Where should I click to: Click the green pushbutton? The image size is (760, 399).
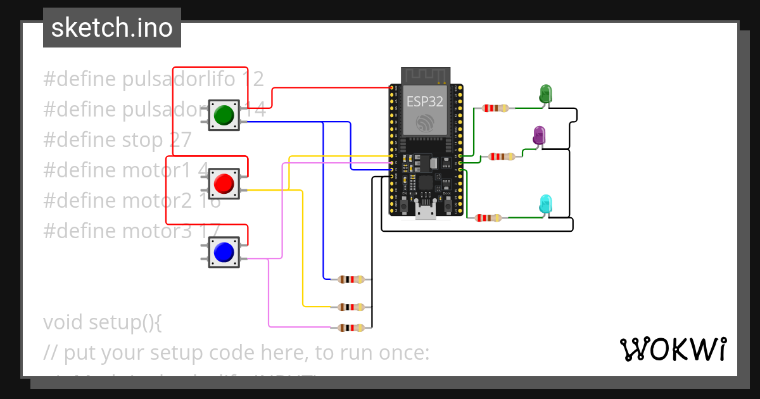pyautogui.click(x=224, y=115)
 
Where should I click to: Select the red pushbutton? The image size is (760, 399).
pyautogui.click(x=224, y=184)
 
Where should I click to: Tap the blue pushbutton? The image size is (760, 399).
pyautogui.click(x=224, y=252)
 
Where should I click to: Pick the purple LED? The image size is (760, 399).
pyautogui.click(x=539, y=134)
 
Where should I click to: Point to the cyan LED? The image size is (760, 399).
pyautogui.click(x=545, y=204)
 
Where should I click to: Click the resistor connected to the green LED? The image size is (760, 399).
pyautogui.click(x=495, y=108)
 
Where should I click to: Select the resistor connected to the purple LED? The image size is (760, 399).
pyautogui.click(x=502, y=156)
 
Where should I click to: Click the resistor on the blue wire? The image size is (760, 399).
pyautogui.click(x=351, y=279)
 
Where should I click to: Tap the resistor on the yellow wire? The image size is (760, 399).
pyautogui.click(x=351, y=307)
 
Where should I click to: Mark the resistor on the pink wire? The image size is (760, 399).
pyautogui.click(x=351, y=327)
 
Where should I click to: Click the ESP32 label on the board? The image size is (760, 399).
pyautogui.click(x=424, y=101)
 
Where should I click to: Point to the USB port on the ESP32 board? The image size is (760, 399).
pyautogui.click(x=425, y=212)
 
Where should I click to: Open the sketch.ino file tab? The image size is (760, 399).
pyautogui.click(x=112, y=28)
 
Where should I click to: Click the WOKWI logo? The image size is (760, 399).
pyautogui.click(x=673, y=349)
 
